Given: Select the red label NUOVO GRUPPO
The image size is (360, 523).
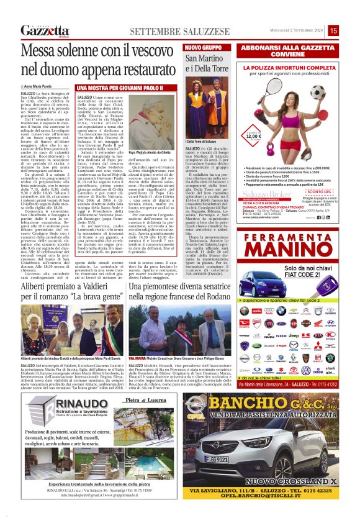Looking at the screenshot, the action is (x=202, y=47).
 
